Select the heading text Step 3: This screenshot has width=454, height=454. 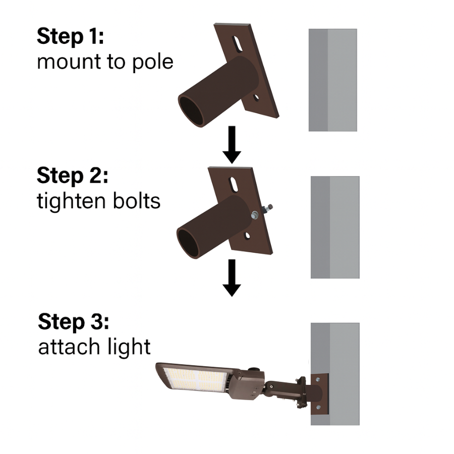pyautogui.click(x=74, y=322)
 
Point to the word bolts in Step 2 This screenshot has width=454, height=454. pyautogui.click(x=136, y=201)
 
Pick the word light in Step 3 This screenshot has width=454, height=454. pyautogui.click(x=132, y=347)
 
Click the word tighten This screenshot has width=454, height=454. pyautogui.click(x=69, y=201)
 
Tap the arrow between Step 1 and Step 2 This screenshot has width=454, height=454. pyautogui.click(x=232, y=144)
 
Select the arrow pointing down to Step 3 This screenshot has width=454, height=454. pyautogui.click(x=232, y=277)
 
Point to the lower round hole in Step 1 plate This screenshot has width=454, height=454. pyautogui.click(x=257, y=96)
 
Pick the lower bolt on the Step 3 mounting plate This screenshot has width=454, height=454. pyautogui.click(x=318, y=408)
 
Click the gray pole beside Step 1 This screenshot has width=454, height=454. pyautogui.click(x=333, y=80)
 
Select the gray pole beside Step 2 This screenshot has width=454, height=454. pyautogui.click(x=335, y=227)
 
